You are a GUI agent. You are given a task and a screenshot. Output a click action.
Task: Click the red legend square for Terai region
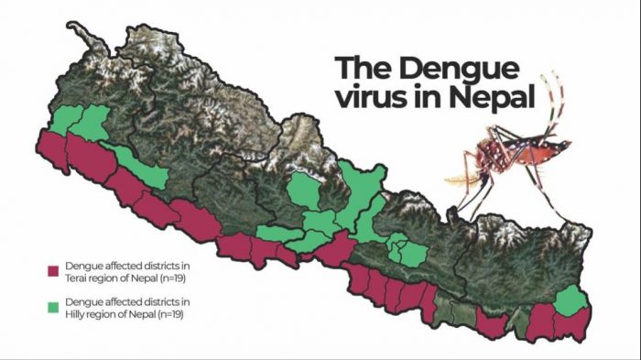(x=53, y=271)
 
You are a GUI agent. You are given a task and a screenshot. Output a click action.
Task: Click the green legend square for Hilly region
(x=53, y=306)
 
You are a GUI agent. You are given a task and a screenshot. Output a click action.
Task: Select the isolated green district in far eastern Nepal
(x=571, y=300)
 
